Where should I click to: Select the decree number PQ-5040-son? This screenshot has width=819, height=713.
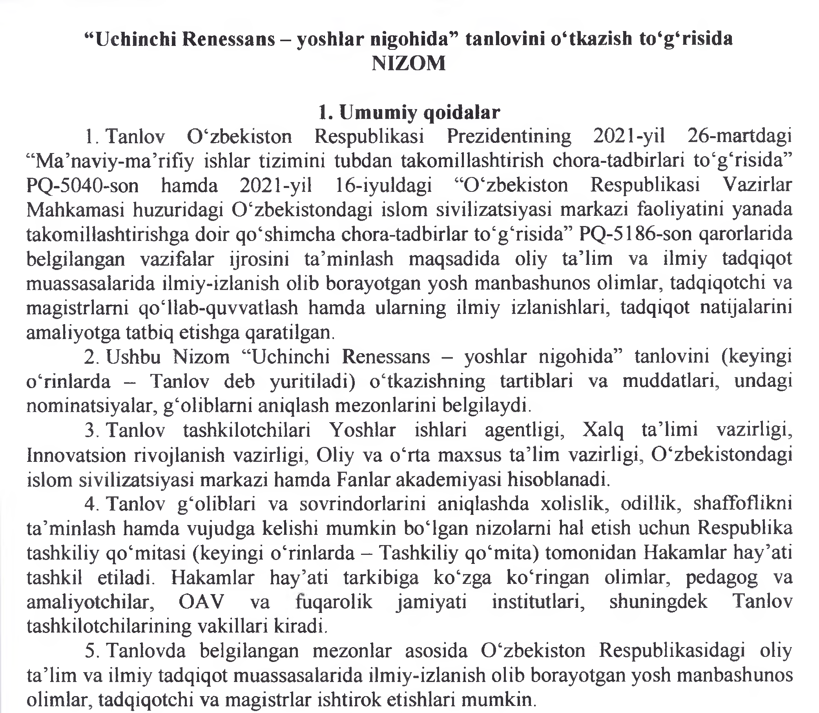tap(82, 186)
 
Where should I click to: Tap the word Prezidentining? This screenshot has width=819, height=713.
tap(509, 137)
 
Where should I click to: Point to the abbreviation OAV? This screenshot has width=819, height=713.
tap(201, 602)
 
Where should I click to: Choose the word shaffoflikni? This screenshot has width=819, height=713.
tap(742, 505)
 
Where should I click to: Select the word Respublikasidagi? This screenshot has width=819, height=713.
tap(672, 651)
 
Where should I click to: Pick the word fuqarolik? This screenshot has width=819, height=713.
tap(334, 602)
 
